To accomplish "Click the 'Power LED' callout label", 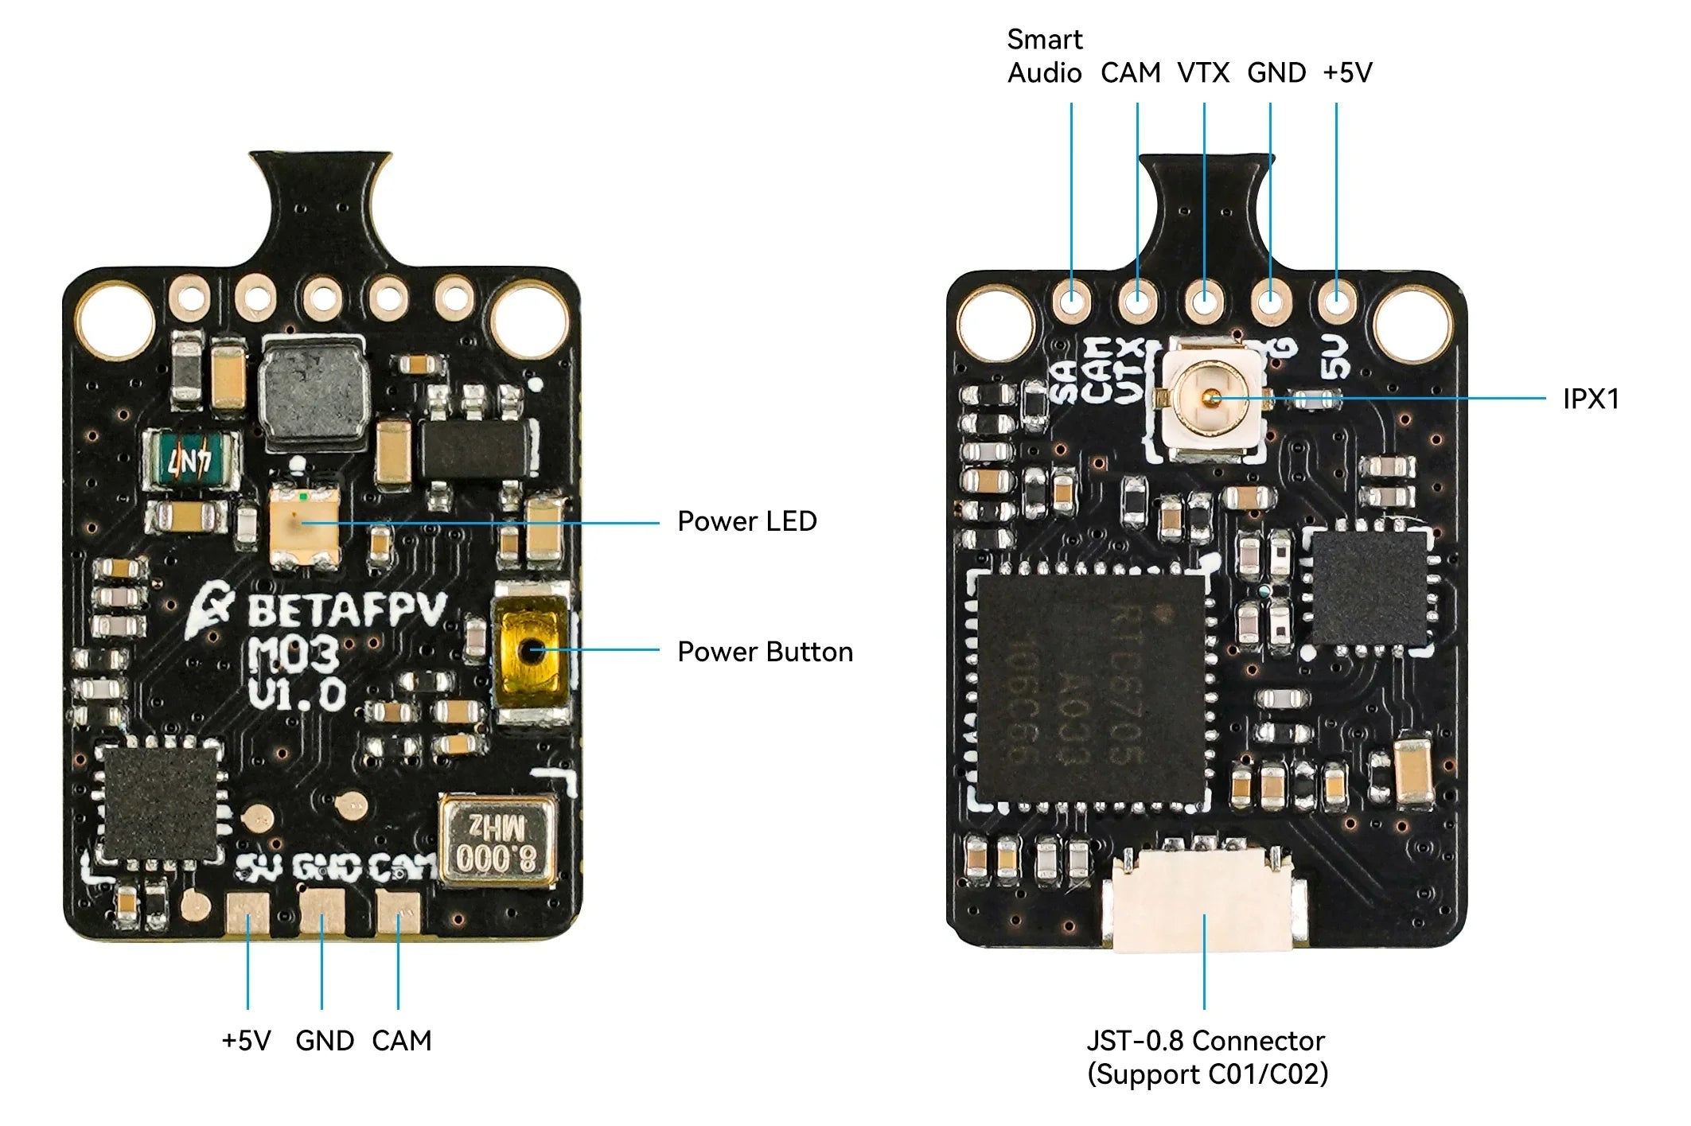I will pos(746,521).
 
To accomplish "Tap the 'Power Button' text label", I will pos(765,652).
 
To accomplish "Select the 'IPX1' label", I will pos(1591,399).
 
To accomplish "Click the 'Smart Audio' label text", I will pos(1045,56).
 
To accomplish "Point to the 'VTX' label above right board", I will pos(1203,72).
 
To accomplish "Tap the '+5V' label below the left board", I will pos(246,1041).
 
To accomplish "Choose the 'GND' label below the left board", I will pos(325,1041).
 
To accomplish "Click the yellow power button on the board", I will pos(532,652).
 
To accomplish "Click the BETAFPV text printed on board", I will pos(346,611).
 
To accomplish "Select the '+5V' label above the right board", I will pos(1347,72).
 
